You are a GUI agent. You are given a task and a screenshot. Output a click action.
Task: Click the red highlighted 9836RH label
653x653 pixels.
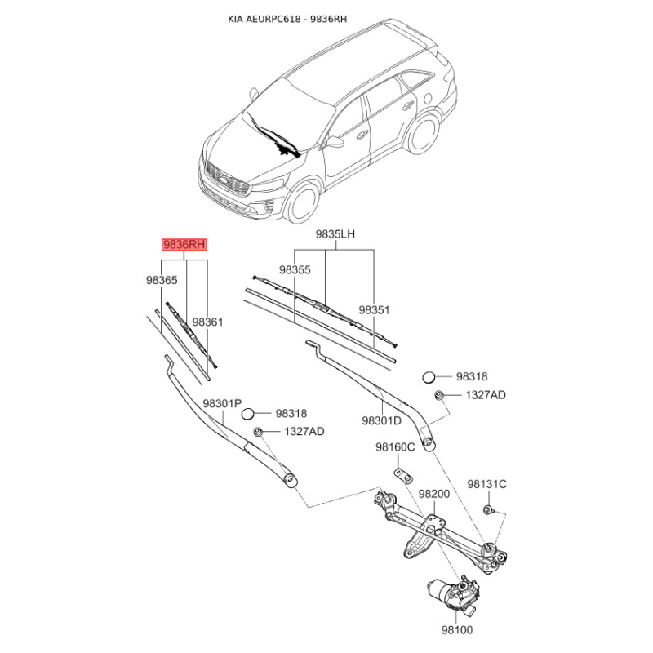pyautogui.click(x=184, y=244)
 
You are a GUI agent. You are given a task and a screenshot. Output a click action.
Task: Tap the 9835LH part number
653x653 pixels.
pyautogui.click(x=335, y=234)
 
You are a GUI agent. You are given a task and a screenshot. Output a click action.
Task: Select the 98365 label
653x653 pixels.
pyautogui.click(x=162, y=280)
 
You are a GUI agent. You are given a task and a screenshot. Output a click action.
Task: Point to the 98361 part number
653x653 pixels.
pyautogui.click(x=207, y=322)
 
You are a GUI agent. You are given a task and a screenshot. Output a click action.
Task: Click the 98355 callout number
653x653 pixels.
pyautogui.click(x=295, y=270)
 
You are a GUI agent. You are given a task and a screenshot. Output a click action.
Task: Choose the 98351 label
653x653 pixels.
pyautogui.click(x=375, y=310)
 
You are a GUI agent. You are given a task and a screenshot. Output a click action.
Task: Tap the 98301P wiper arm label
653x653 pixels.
pyautogui.click(x=222, y=403)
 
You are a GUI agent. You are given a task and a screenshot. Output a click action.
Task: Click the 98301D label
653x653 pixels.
pyautogui.click(x=381, y=420)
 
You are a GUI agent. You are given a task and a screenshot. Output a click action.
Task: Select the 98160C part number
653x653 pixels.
pyautogui.click(x=395, y=447)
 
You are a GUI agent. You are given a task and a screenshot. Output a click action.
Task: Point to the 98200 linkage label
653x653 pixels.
pyautogui.click(x=434, y=494)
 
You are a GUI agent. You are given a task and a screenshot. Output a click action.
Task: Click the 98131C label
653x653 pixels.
pyautogui.click(x=486, y=484)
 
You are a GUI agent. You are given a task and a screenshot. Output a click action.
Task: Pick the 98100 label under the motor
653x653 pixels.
pyautogui.click(x=457, y=630)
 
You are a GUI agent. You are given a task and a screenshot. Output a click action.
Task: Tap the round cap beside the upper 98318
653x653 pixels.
pyautogui.click(x=429, y=378)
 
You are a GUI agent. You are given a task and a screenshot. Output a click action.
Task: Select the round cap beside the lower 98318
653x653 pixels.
pyautogui.click(x=248, y=415)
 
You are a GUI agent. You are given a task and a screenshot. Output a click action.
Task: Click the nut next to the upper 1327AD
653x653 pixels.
pyautogui.click(x=438, y=395)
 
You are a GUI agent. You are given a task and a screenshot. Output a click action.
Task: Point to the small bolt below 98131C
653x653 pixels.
pyautogui.click(x=486, y=509)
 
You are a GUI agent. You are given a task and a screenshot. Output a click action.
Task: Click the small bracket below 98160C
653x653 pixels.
pyautogui.click(x=403, y=476)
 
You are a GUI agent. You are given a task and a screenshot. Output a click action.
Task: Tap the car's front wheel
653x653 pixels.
pyautogui.click(x=304, y=203)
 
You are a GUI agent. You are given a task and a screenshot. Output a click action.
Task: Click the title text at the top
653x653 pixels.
pyautogui.click(x=287, y=19)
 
